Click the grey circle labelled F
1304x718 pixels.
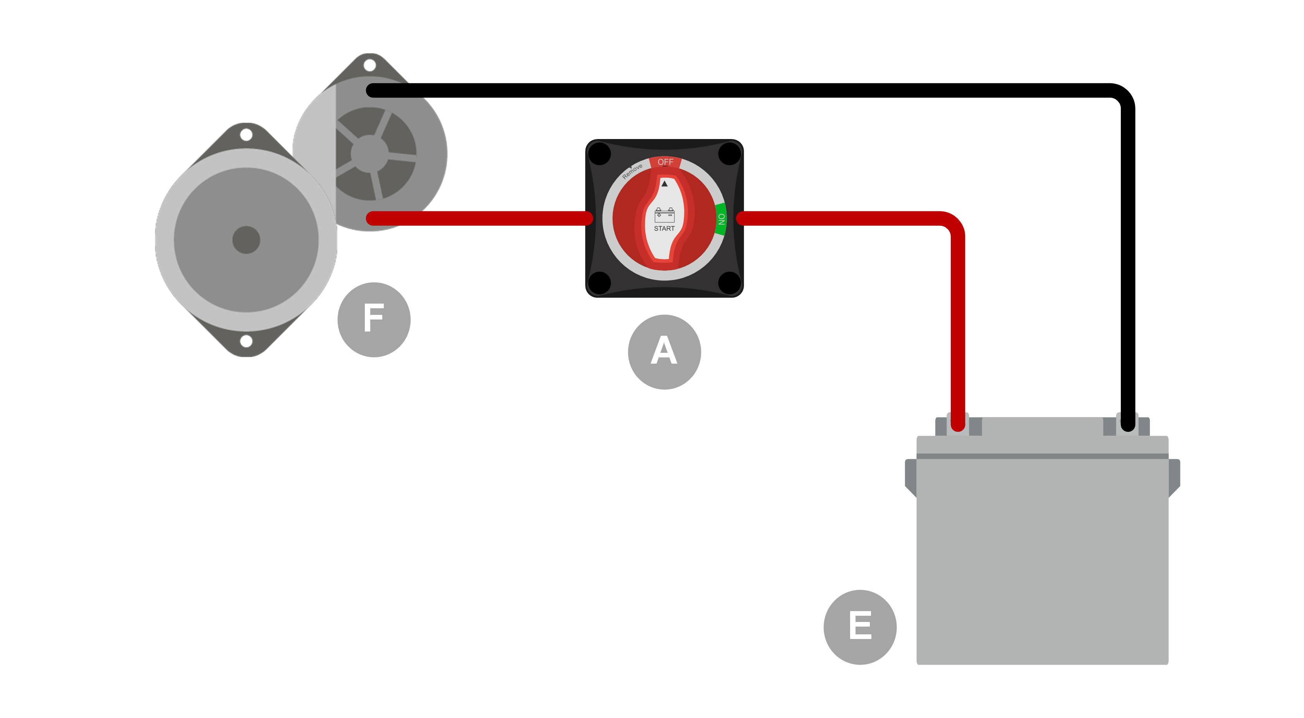click(374, 319)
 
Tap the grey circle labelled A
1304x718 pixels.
click(664, 352)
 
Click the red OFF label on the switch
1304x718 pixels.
click(665, 162)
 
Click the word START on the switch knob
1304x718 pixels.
click(664, 228)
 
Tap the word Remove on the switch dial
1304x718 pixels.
click(632, 171)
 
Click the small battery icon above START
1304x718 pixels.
click(664, 215)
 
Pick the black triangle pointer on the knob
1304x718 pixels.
click(664, 184)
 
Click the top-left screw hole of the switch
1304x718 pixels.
click(600, 154)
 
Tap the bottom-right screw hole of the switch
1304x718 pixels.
click(729, 283)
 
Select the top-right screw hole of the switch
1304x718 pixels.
click(729, 154)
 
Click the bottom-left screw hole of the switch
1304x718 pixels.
click(600, 283)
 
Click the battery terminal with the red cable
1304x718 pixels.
click(958, 424)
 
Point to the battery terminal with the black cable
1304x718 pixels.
click(1127, 424)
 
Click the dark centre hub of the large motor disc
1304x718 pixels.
click(246, 239)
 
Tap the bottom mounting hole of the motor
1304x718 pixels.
click(246, 341)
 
